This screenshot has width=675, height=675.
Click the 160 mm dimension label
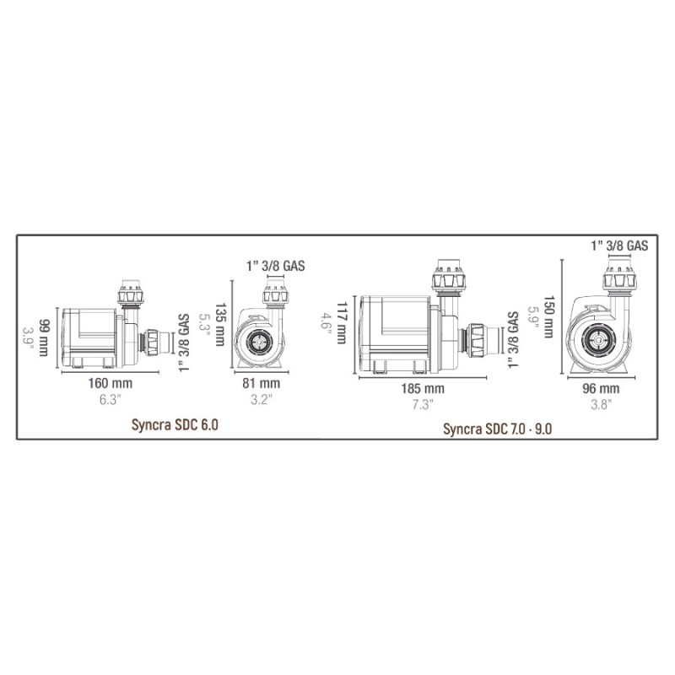point(111,383)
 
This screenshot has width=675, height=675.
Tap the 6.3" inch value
point(111,399)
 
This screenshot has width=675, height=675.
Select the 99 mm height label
point(44,338)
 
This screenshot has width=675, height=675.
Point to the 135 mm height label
point(219,324)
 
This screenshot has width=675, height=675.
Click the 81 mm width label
point(261,383)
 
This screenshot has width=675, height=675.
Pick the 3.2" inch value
point(262,399)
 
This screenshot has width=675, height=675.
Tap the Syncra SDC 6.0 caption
point(175,425)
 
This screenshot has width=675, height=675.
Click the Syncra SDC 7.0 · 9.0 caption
point(497,429)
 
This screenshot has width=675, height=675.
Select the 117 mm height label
point(342,323)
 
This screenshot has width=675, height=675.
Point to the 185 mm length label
point(423,388)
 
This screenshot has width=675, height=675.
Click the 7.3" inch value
point(423,405)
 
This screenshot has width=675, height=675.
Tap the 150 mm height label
point(548,317)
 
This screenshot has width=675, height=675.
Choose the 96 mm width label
point(601,388)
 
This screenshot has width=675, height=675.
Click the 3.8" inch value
point(601,405)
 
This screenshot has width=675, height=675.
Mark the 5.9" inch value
point(534,317)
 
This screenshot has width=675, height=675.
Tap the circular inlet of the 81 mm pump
point(260,343)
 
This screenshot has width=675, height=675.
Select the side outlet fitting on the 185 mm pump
point(479,339)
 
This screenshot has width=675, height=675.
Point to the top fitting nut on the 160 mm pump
point(131,296)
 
